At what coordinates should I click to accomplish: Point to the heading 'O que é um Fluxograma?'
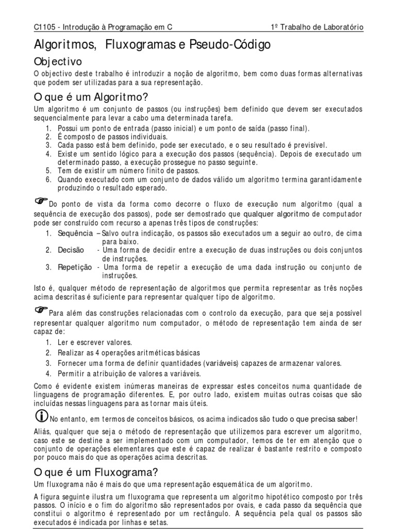[x=95, y=472]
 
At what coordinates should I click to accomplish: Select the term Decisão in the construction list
[x=71, y=250]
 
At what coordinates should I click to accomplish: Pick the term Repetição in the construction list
[x=75, y=267]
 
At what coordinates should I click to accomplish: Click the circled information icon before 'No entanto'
[x=41, y=415]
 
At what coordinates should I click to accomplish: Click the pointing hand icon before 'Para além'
[x=41, y=309]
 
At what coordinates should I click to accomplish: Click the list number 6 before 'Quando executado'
[x=48, y=179]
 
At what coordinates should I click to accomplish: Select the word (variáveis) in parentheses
[x=222, y=363]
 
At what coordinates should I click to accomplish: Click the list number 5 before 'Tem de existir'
[x=48, y=170]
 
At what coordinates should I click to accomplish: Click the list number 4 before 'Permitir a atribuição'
[x=48, y=373]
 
